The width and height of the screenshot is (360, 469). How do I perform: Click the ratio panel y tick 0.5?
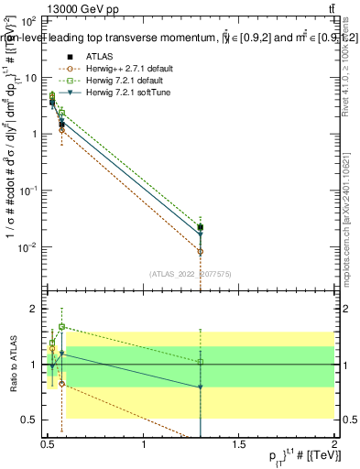click(30, 420)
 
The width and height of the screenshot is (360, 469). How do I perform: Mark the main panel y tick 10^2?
click(28, 20)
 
